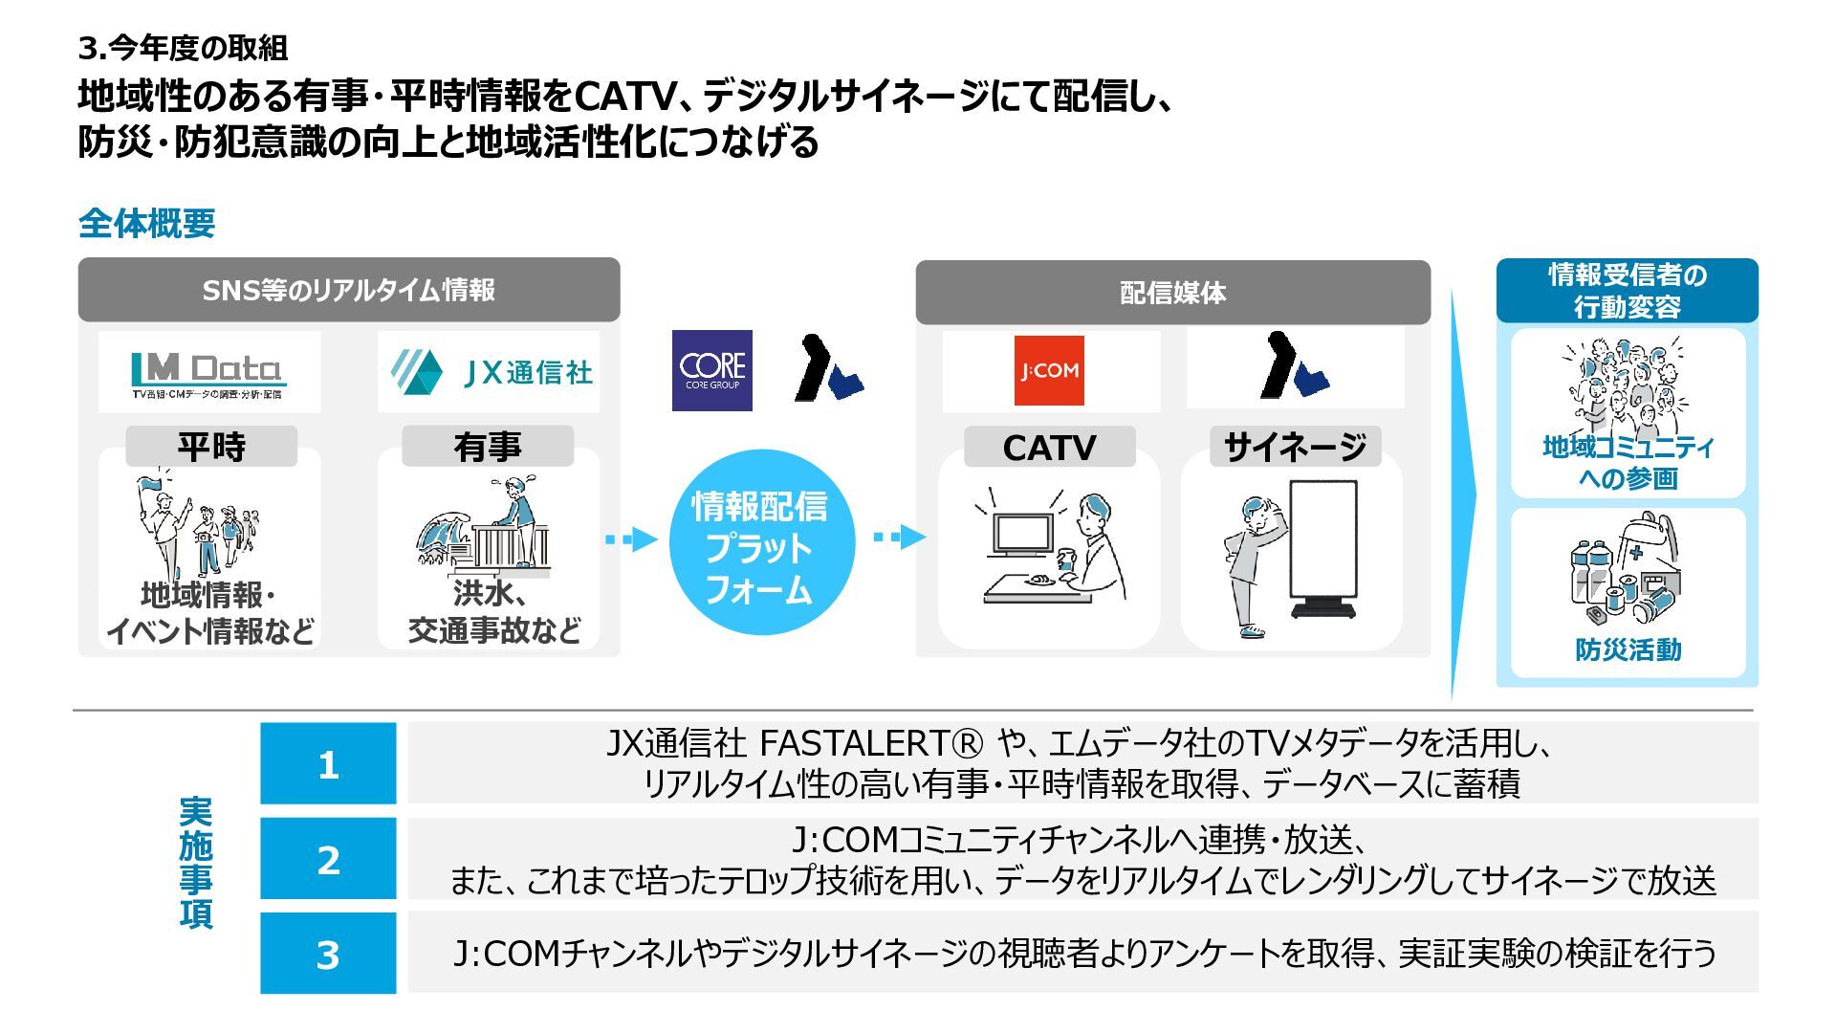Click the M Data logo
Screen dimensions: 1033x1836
[208, 373]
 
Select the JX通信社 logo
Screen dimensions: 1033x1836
[492, 372]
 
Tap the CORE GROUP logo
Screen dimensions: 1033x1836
[711, 370]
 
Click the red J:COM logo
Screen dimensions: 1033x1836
[1049, 370]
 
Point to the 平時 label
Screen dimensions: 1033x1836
[211, 447]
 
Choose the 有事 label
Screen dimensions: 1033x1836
[488, 447]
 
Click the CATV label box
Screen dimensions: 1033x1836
[1049, 448]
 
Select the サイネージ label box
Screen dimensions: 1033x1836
[1295, 447]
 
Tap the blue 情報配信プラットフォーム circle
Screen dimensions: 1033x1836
[760, 546]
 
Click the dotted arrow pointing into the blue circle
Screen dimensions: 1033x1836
[631, 539]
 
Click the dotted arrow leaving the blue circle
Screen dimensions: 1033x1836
[899, 537]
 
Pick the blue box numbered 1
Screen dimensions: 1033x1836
[328, 764]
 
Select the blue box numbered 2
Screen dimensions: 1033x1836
[328, 859]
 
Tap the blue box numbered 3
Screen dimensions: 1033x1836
[328, 954]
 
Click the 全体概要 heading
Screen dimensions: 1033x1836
[146, 224]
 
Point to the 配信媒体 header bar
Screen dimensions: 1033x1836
[1172, 293]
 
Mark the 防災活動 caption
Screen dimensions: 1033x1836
[1628, 650]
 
